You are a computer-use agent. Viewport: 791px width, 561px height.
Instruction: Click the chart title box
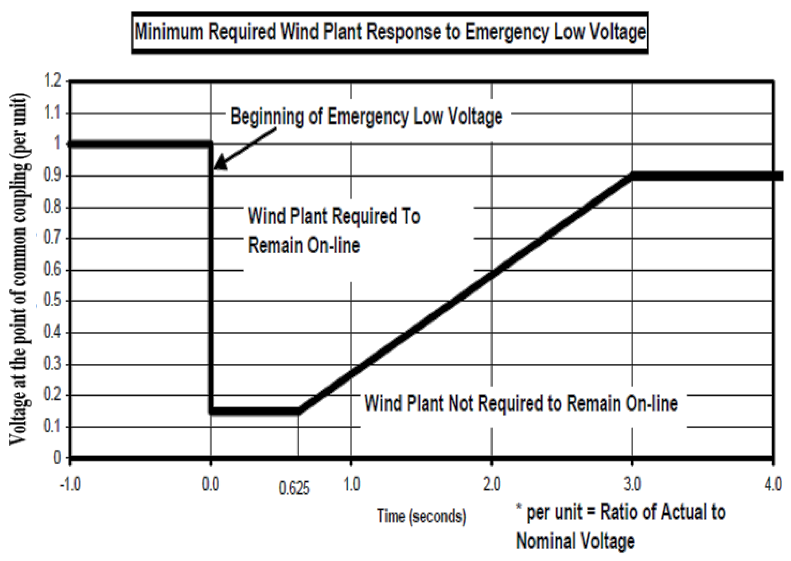[390, 33]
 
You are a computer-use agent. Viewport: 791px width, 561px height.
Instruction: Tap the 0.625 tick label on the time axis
[294, 489]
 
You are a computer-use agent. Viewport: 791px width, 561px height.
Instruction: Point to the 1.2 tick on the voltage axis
[53, 81]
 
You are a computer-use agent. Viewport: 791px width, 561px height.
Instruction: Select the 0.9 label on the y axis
[53, 175]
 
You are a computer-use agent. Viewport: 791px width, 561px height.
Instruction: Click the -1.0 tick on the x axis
[70, 484]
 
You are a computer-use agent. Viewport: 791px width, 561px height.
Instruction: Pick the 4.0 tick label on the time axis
[773, 484]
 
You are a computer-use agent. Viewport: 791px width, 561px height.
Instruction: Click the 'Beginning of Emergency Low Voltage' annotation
[366, 116]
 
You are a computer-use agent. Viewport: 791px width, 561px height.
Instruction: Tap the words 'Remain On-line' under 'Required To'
[304, 246]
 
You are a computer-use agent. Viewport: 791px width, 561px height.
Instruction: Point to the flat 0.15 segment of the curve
[254, 411]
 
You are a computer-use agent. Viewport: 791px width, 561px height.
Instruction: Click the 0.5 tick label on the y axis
[53, 301]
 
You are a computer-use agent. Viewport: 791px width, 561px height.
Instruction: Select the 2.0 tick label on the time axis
[491, 484]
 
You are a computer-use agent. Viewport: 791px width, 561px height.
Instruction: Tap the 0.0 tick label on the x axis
[211, 484]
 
